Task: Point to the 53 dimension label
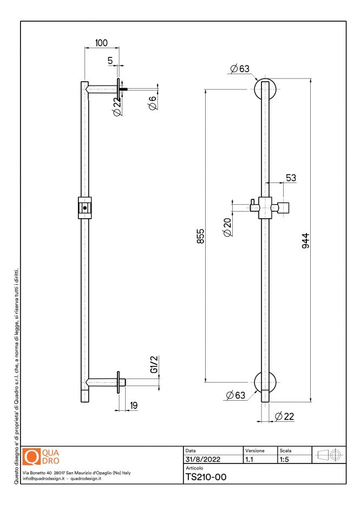(291, 178)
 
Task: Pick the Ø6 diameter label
(153, 102)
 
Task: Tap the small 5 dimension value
(110, 61)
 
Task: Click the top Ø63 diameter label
(239, 69)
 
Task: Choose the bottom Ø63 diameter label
(236, 396)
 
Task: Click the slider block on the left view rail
(84, 207)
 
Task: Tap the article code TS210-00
(206, 477)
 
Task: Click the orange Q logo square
(32, 456)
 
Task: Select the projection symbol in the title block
(329, 456)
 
